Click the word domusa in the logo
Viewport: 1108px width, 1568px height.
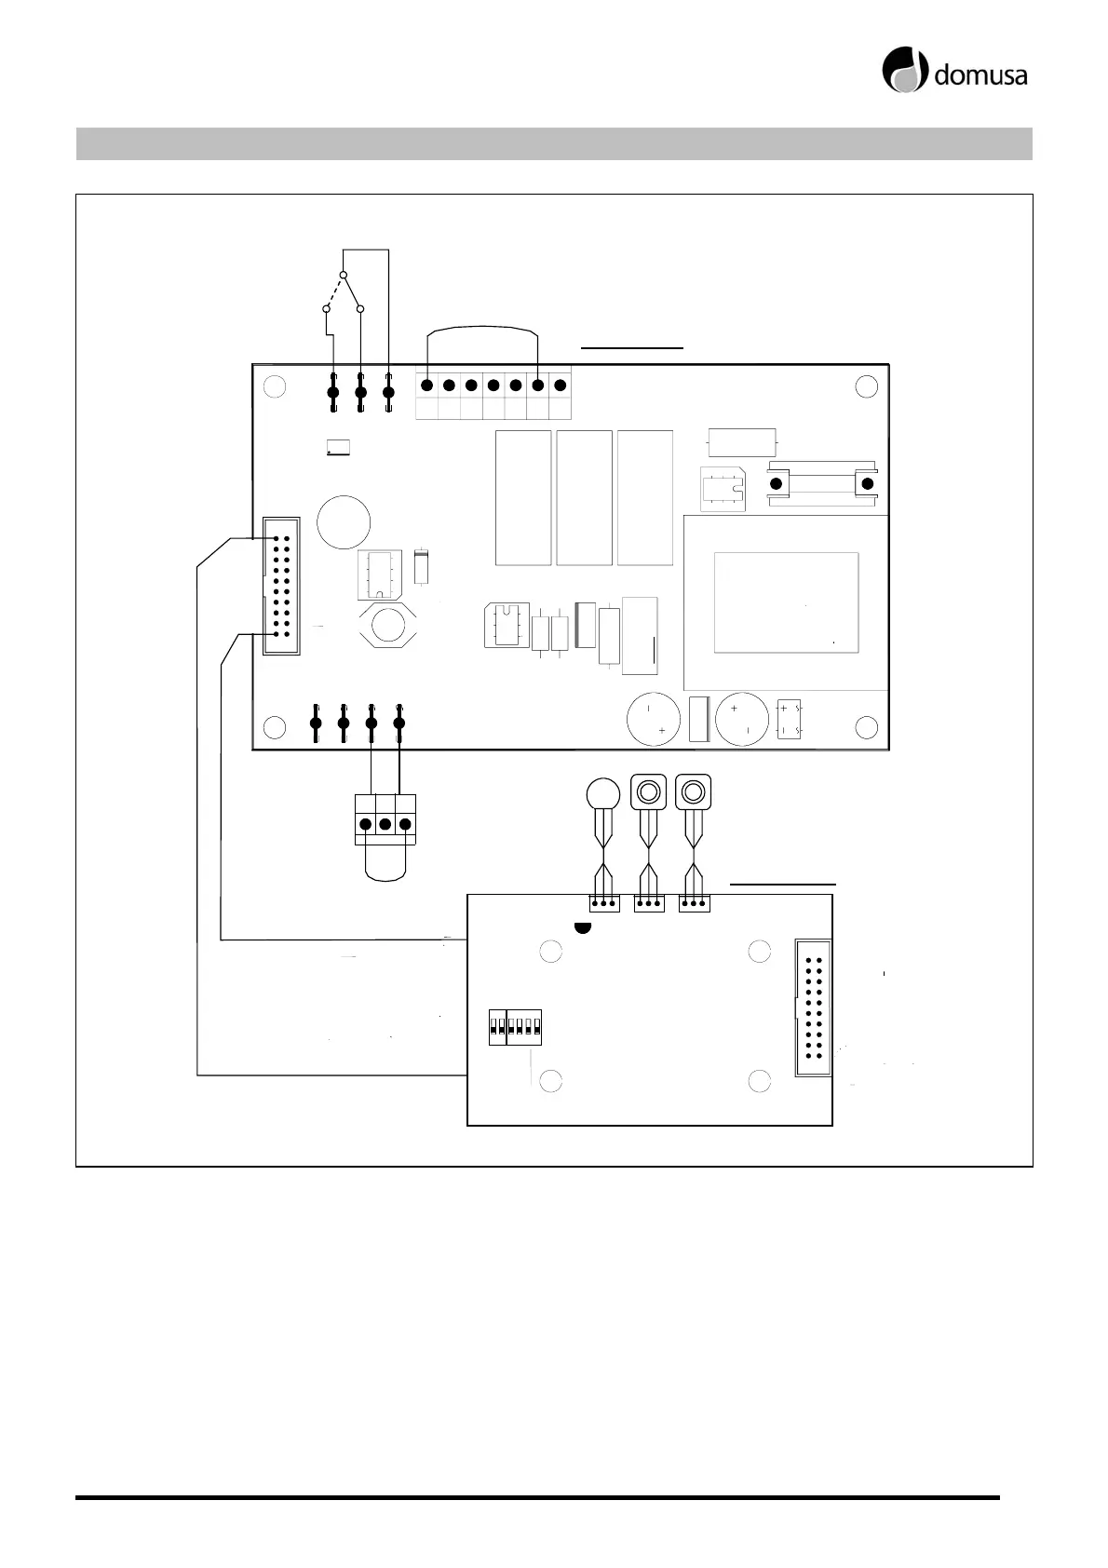click(980, 74)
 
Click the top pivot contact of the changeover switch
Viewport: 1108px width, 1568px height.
click(343, 276)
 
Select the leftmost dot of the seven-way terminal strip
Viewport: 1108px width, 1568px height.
click(426, 385)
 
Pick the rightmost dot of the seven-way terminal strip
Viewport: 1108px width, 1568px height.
click(560, 385)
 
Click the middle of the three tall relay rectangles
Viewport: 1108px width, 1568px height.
click(584, 497)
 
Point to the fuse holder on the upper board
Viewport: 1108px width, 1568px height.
click(820, 484)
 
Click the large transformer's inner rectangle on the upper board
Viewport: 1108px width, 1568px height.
click(786, 602)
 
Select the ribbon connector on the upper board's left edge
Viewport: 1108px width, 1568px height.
click(281, 586)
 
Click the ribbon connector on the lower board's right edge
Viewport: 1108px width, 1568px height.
click(813, 1008)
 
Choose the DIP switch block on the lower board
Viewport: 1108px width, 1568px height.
click(515, 1027)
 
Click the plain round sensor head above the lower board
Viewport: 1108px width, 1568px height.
click(603, 793)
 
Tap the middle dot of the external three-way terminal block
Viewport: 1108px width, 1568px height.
click(385, 824)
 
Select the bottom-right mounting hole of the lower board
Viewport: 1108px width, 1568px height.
click(760, 1081)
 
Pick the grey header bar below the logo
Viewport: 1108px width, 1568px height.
click(554, 143)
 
